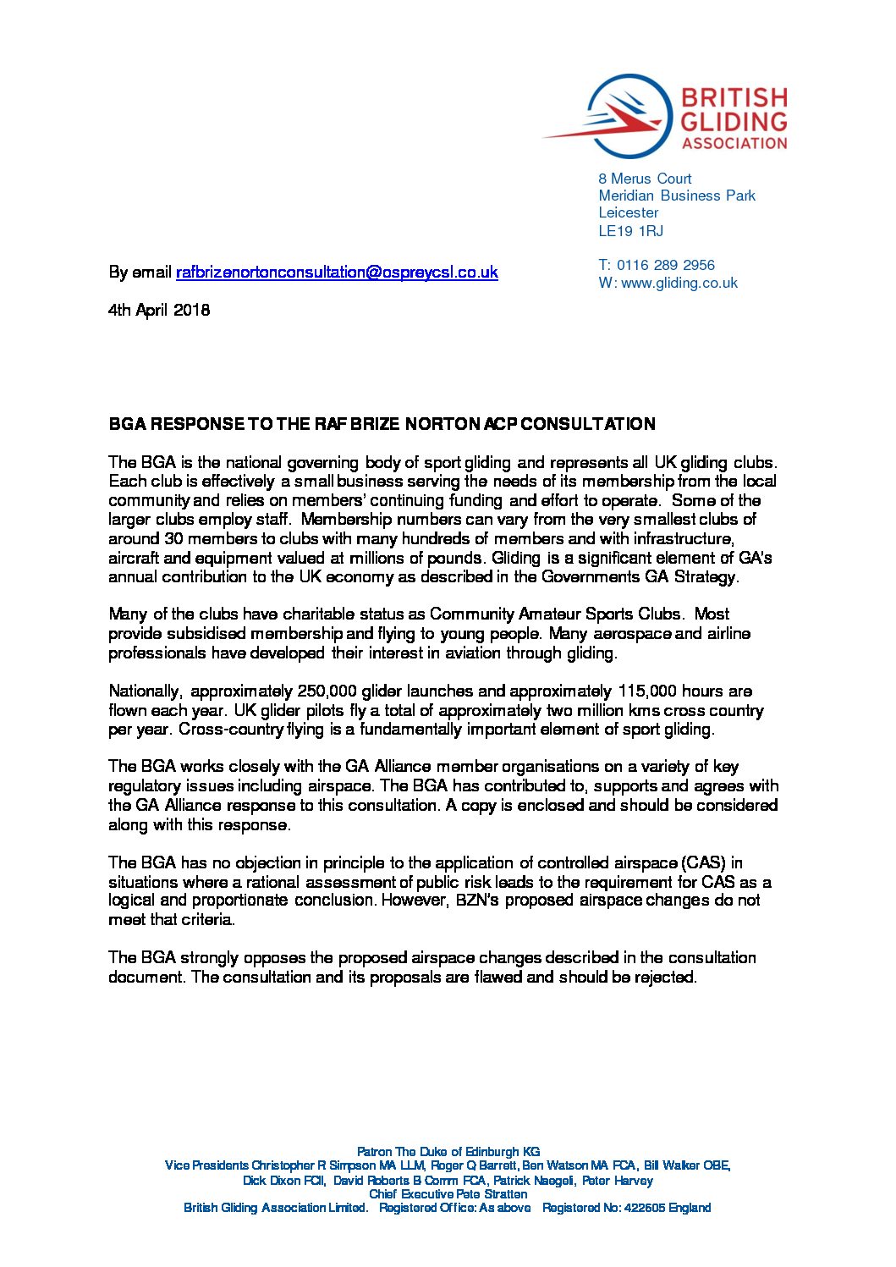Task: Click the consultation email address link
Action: (337, 273)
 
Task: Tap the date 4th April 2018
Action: (159, 310)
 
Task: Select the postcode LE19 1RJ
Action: (630, 231)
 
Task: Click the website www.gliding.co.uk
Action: (679, 283)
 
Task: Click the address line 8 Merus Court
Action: (645, 179)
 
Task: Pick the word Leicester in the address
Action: (628, 212)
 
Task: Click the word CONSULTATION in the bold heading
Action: (587, 424)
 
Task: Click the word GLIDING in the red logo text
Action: (734, 121)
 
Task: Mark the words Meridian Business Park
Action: (677, 196)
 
